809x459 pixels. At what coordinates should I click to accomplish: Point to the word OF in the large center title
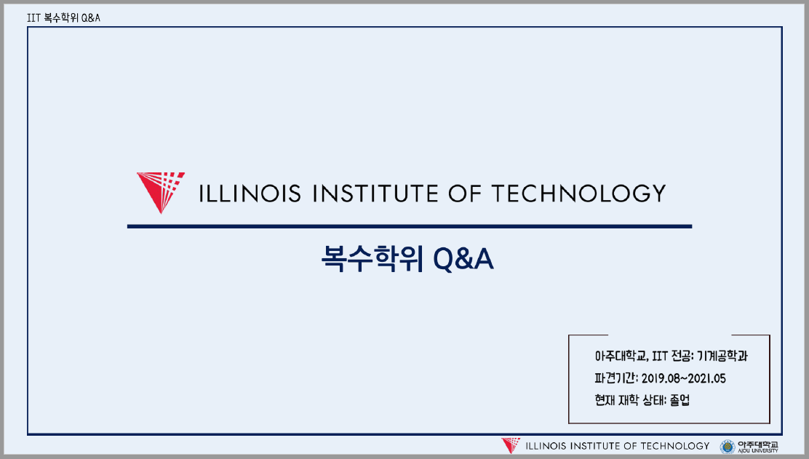tap(465, 193)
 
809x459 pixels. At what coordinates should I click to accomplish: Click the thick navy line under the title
tap(409, 226)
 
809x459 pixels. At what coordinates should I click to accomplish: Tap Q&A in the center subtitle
tap(463, 259)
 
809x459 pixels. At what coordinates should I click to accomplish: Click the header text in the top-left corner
tap(63, 17)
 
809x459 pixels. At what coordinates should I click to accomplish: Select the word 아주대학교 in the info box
tap(619, 356)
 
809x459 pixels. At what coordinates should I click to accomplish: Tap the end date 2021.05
tap(706, 378)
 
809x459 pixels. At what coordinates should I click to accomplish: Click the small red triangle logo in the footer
tap(511, 445)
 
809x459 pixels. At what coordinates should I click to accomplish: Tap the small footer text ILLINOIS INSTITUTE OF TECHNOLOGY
tap(616, 446)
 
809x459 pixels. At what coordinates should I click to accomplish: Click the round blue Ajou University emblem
tap(727, 446)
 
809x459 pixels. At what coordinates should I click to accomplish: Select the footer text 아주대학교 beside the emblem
tap(757, 444)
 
